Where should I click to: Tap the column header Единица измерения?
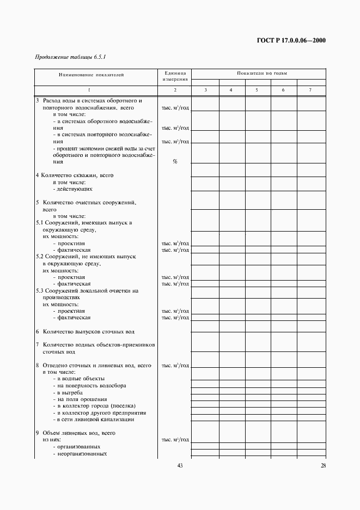pos(175,76)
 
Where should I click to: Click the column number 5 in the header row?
pos(258,89)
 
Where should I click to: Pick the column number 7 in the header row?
pos(310,89)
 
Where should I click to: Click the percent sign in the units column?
pos(175,162)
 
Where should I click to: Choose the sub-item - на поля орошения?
pos(76,399)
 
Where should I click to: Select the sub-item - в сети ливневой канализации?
pos(93,420)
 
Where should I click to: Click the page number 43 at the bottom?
pos(180,465)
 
